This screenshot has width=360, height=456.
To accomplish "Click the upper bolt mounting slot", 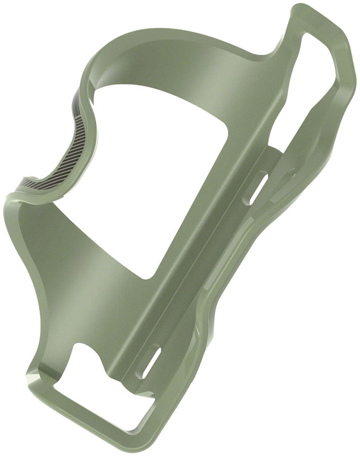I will [257, 188].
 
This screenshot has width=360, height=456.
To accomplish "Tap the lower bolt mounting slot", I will [151, 362].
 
